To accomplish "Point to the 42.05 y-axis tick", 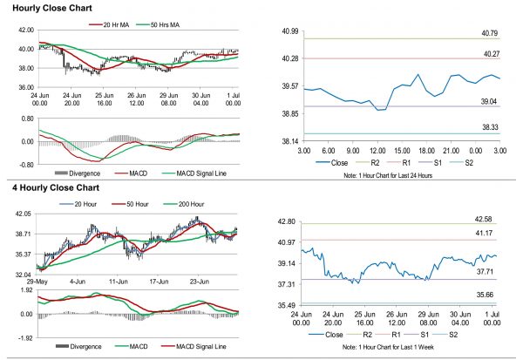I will tap(22, 214).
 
